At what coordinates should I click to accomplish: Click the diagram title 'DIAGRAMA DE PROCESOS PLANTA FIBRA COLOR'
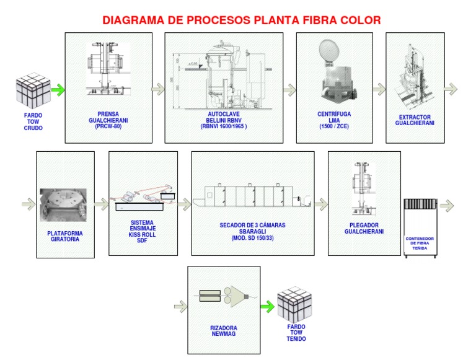(241, 20)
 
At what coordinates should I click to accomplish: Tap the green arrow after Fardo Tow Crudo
(58, 90)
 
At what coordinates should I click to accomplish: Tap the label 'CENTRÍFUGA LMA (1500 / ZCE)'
(334, 120)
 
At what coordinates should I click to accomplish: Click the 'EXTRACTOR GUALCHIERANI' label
(415, 120)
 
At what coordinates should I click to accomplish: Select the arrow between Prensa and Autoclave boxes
(157, 90)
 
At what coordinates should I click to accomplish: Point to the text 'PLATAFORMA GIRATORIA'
(65, 236)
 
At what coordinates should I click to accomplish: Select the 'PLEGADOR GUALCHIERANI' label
(364, 229)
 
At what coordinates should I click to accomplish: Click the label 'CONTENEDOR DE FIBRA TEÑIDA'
(420, 244)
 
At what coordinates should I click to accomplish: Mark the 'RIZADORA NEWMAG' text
(224, 331)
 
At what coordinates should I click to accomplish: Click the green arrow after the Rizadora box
(267, 305)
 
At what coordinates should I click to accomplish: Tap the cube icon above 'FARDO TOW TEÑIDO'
(296, 304)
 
